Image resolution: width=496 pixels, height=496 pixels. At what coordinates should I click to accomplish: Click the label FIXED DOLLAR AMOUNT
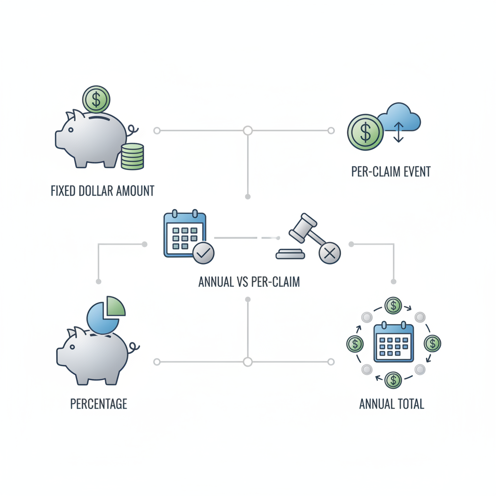102,190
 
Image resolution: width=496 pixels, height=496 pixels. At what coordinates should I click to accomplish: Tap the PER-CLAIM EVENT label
391,172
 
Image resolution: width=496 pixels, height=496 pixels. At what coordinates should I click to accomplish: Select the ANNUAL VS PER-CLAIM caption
249,281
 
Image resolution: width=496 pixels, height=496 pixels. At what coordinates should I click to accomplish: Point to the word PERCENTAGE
98,403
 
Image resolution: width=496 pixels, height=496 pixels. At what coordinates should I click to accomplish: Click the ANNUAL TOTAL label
391,403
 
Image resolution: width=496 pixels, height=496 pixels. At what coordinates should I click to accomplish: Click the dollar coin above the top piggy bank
96,100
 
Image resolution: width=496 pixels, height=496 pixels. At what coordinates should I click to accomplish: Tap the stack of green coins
132,156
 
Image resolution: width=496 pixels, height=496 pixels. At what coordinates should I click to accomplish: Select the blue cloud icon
400,119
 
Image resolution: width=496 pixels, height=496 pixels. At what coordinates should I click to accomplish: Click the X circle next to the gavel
330,253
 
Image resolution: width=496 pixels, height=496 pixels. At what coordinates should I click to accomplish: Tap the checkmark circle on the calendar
203,253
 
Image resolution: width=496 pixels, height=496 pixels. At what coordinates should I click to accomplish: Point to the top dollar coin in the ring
393,306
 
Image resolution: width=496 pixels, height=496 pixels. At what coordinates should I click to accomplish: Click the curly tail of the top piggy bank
133,130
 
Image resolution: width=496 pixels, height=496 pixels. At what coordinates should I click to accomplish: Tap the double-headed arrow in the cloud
398,132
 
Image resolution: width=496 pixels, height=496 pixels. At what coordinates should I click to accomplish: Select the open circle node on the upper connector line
248,131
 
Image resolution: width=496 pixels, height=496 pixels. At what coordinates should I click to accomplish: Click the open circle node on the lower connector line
248,362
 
